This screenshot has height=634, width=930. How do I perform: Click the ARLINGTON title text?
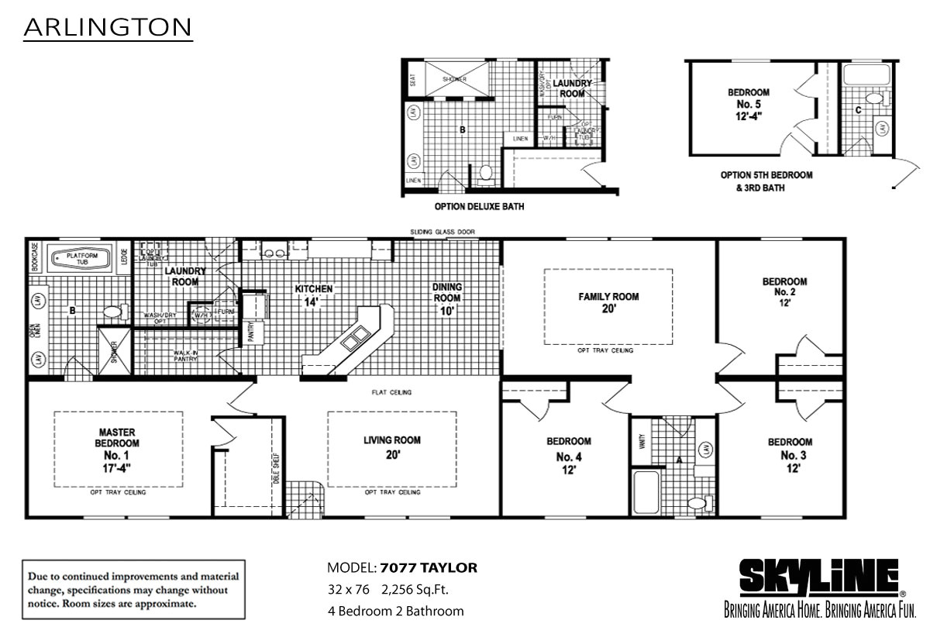(x=108, y=28)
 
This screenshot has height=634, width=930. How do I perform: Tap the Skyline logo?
(x=818, y=577)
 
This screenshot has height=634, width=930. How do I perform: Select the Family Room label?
(x=608, y=302)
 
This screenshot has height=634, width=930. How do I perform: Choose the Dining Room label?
(x=447, y=298)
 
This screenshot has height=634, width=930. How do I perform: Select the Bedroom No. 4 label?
(x=569, y=455)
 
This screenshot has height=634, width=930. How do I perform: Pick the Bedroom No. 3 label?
(x=790, y=455)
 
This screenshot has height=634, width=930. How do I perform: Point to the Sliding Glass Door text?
(x=443, y=232)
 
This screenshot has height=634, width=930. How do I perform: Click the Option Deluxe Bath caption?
(x=479, y=207)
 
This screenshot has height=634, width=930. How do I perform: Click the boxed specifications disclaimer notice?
(x=134, y=591)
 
